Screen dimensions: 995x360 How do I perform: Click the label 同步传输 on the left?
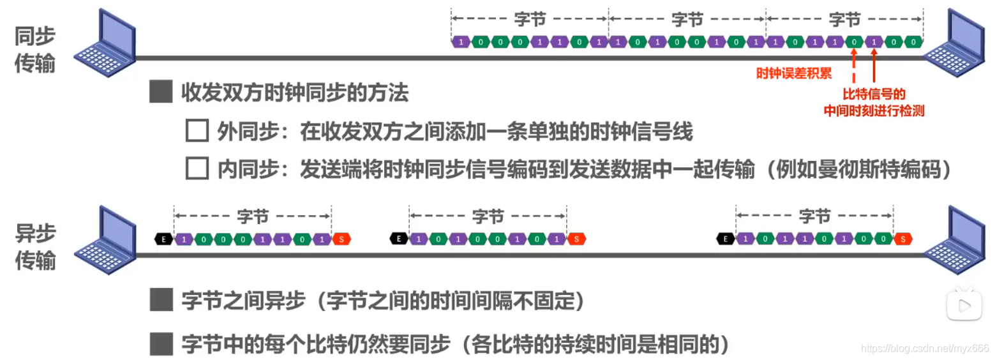pyautogui.click(x=35, y=50)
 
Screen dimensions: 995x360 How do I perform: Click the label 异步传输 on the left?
pyautogui.click(x=35, y=247)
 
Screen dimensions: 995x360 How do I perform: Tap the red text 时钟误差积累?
pyautogui.click(x=793, y=73)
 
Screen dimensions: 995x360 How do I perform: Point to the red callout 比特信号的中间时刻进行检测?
pyautogui.click(x=874, y=102)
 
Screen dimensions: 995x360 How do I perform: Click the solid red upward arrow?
pyautogui.click(x=874, y=68)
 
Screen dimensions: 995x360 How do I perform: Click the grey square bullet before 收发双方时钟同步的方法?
pyautogui.click(x=161, y=93)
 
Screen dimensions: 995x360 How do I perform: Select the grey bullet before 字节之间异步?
pyautogui.click(x=161, y=300)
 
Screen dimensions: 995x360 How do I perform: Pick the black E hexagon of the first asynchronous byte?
pyautogui.click(x=164, y=239)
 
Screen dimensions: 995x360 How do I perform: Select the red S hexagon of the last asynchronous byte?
pyautogui.click(x=903, y=239)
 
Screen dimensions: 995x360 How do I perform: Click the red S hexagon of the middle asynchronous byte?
pyautogui.click(x=576, y=239)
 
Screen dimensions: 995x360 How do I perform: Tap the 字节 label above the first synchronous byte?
pyautogui.click(x=530, y=20)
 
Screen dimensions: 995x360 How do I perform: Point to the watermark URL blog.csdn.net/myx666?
pyautogui.click(x=925, y=348)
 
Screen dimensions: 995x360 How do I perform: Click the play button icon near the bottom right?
pyautogui.click(x=964, y=305)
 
